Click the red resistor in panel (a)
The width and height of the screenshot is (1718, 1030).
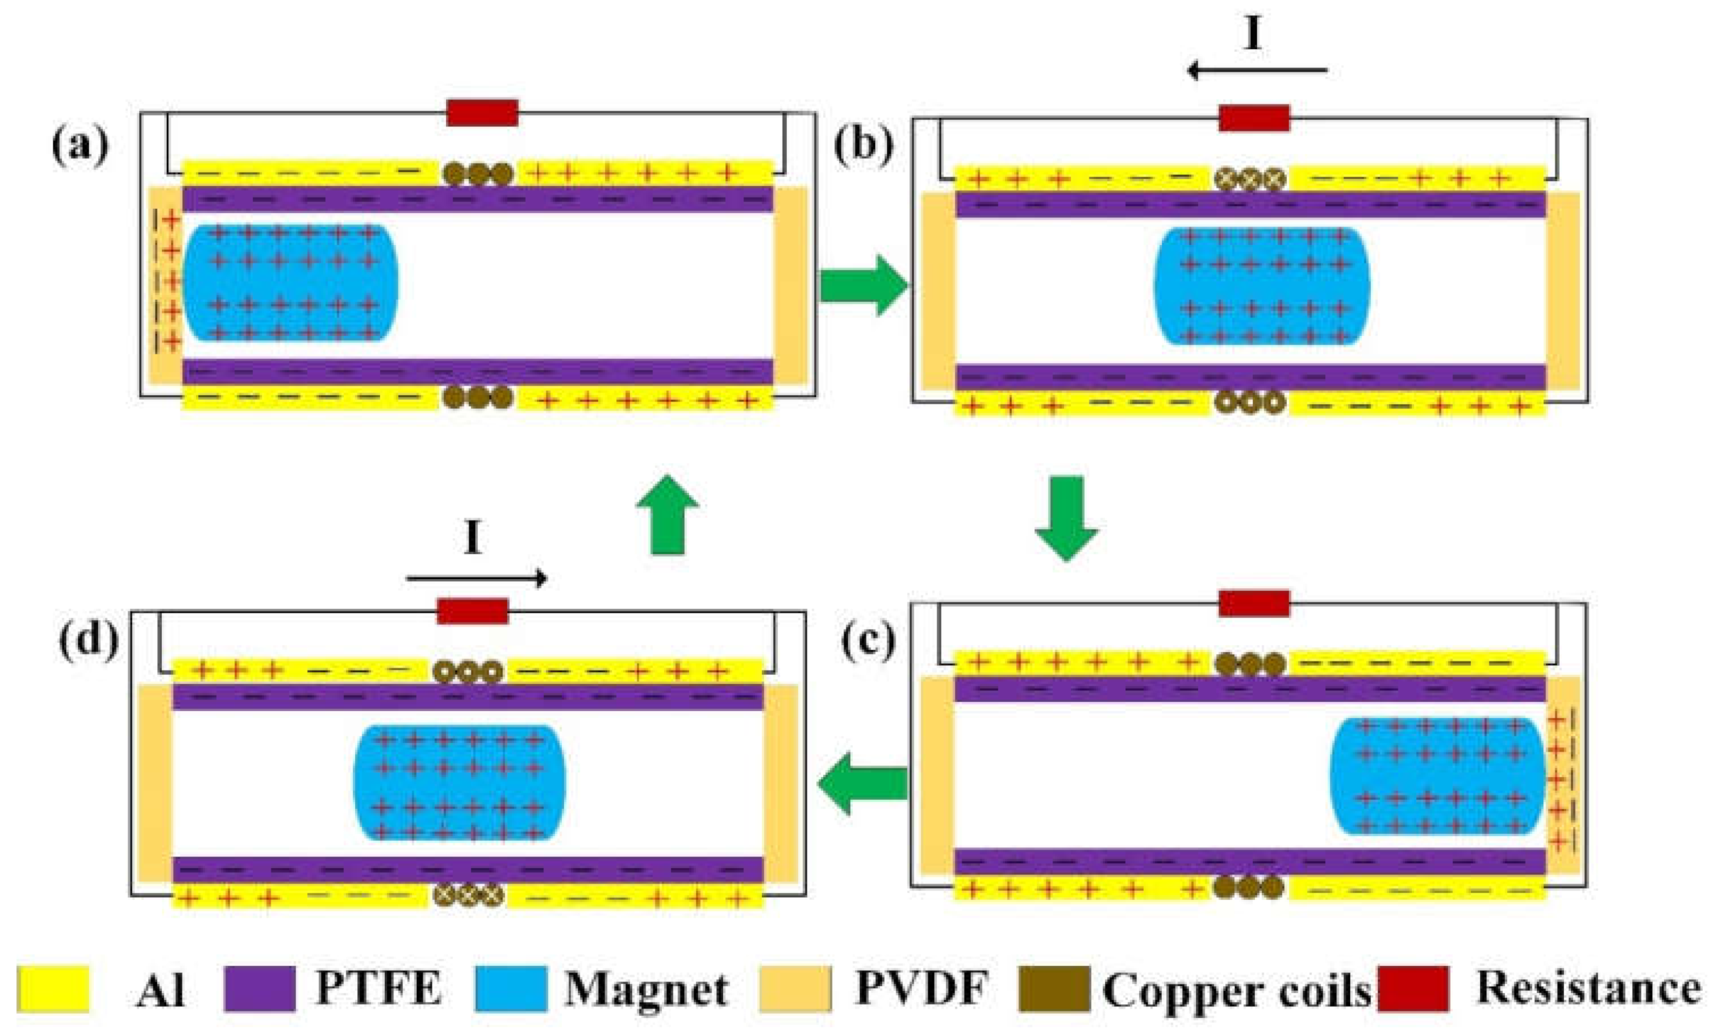(482, 113)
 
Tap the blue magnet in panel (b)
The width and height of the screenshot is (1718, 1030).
(1261, 286)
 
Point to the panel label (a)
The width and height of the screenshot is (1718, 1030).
(80, 146)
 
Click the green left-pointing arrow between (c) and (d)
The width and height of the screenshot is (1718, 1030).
(862, 784)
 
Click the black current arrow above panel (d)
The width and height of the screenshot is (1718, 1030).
(476, 578)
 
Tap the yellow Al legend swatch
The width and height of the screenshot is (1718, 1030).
(53, 988)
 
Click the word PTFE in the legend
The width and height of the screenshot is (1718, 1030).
(379, 987)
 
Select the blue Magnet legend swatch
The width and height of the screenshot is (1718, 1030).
(511, 988)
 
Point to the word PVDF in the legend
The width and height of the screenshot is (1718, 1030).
(921, 987)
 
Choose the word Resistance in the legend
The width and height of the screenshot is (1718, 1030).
(1588, 987)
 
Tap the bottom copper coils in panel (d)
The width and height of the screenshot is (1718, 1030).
(468, 895)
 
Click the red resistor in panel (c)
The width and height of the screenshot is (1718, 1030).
(1254, 603)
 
